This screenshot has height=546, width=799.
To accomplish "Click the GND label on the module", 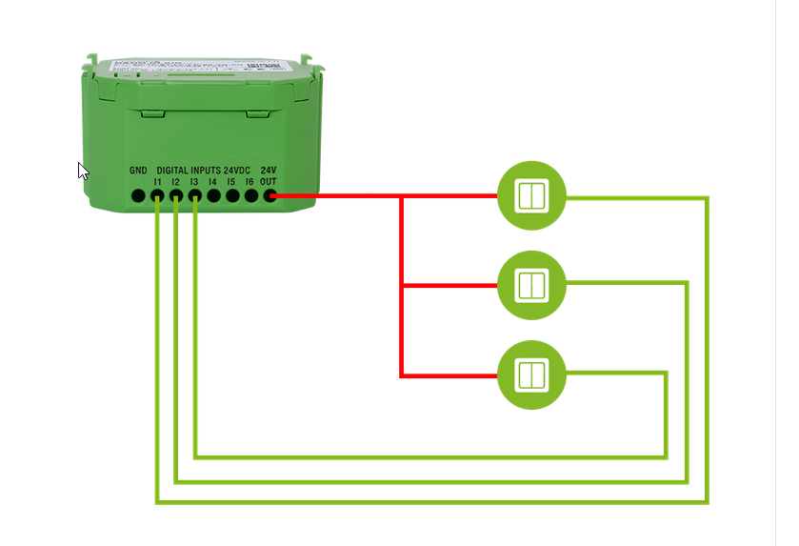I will click(138, 171).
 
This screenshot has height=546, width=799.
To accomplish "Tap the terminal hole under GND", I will click(138, 195).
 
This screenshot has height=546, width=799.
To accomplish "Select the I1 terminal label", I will click(157, 181).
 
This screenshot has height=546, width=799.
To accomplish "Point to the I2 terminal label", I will click(176, 181).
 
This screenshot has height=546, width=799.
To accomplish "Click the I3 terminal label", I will click(194, 181).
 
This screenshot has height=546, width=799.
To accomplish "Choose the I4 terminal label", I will click(213, 181).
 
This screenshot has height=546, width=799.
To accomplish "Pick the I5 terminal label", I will click(231, 181).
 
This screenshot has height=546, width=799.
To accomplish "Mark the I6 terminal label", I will click(250, 181).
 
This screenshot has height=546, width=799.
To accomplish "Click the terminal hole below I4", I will click(213, 195).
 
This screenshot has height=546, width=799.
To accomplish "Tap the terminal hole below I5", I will click(232, 195).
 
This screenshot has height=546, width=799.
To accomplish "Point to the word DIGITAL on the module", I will click(172, 171).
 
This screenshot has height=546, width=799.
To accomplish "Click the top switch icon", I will click(531, 196).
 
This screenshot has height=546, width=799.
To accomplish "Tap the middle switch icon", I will click(531, 285).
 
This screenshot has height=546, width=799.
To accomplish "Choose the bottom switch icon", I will click(531, 374).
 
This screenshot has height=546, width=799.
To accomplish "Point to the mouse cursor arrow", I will click(82, 170).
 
